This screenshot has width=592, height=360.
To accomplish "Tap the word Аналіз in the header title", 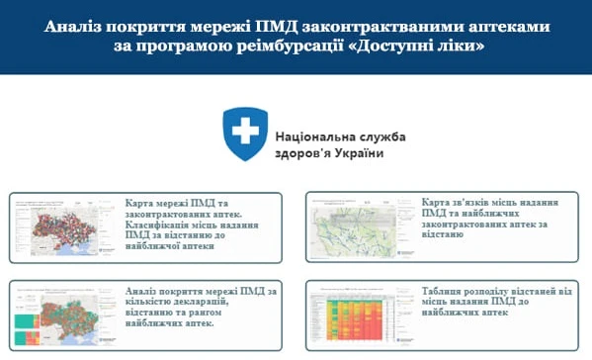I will pyautogui.click(x=74, y=24).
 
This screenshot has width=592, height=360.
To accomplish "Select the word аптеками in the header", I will pyautogui.click(x=506, y=24).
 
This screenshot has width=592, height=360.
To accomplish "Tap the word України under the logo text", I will pyautogui.click(x=359, y=154).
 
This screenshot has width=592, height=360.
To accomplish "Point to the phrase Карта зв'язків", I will pyautogui.click(x=462, y=201).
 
